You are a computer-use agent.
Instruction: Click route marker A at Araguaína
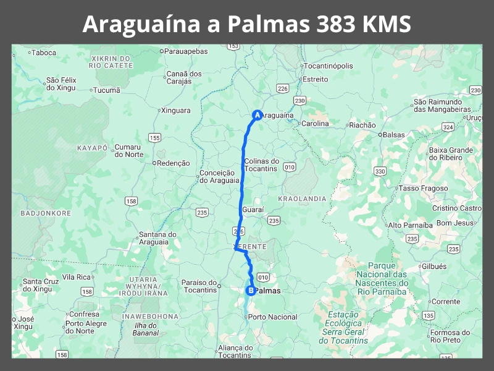click(x=257, y=114)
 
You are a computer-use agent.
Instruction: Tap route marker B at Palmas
click(x=251, y=290)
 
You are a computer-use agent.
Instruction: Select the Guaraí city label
click(x=253, y=210)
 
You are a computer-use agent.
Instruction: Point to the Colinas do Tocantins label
click(x=262, y=165)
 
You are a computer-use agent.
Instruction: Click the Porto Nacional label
click(x=272, y=317)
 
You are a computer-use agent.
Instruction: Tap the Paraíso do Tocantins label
click(x=199, y=286)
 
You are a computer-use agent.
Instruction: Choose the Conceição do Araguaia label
click(x=217, y=177)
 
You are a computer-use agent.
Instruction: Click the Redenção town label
click(x=174, y=163)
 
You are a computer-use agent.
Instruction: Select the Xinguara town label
click(x=176, y=110)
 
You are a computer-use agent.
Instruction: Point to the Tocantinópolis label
click(x=328, y=66)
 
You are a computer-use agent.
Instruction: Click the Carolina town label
click(x=315, y=124)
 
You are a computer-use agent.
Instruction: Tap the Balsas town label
click(x=394, y=134)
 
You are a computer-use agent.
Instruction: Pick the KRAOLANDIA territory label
click(x=302, y=198)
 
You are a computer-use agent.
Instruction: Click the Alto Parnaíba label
click(x=411, y=225)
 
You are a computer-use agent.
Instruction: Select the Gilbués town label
click(x=434, y=266)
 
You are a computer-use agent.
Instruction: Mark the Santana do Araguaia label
click(x=157, y=238)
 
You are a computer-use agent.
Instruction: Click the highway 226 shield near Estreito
click(x=283, y=88)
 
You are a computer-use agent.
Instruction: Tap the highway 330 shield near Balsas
click(x=380, y=171)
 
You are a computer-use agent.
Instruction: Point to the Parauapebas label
click(x=187, y=51)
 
